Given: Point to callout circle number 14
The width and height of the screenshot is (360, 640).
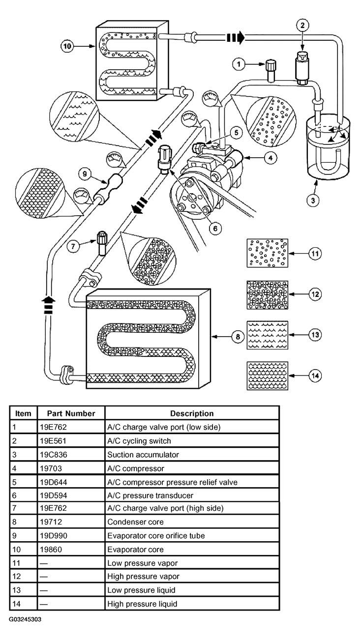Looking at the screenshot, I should (x=314, y=375).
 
